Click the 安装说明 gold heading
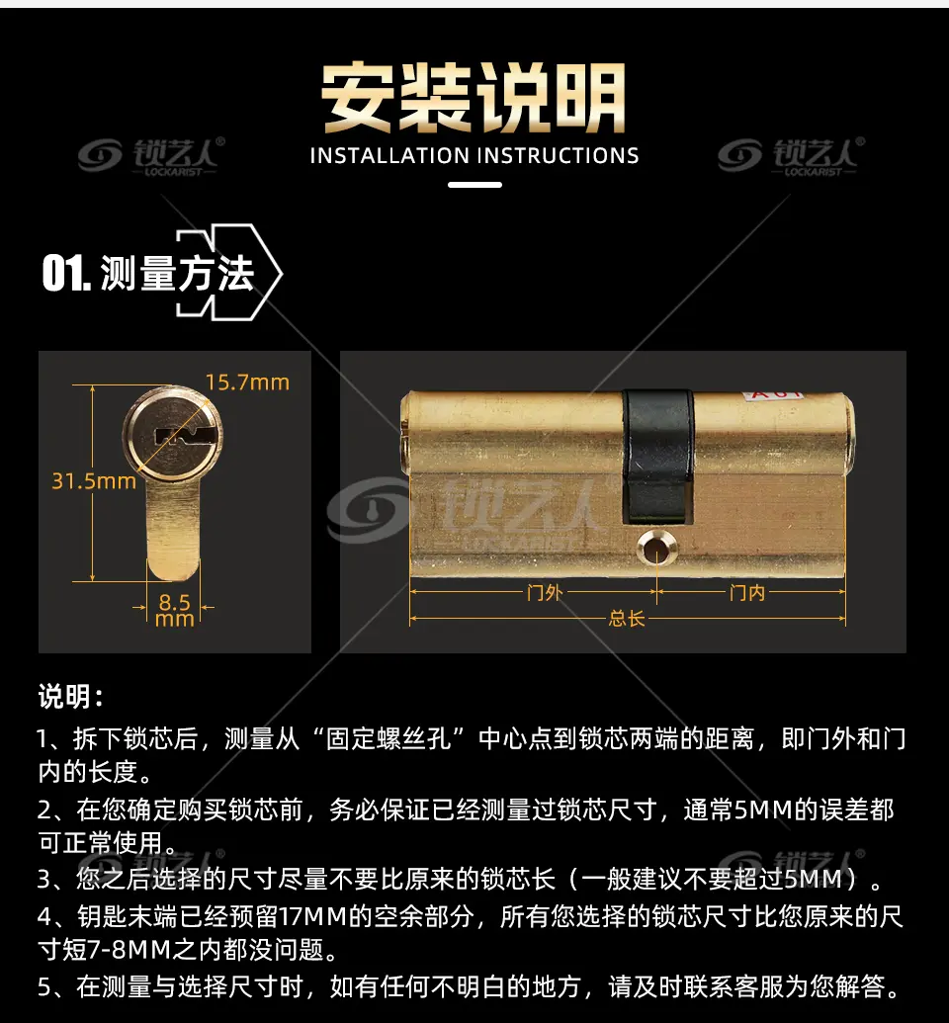click(x=474, y=97)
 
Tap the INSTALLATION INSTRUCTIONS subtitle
click(x=474, y=156)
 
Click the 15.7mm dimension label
click(x=247, y=383)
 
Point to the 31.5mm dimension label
click(x=94, y=481)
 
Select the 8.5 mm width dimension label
click(x=175, y=610)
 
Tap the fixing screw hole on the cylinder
click(x=655, y=548)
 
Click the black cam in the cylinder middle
click(x=657, y=456)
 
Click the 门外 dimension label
click(x=545, y=592)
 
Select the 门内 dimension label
click(x=747, y=592)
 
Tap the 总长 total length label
click(x=627, y=618)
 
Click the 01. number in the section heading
click(x=66, y=273)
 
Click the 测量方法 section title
click(x=177, y=274)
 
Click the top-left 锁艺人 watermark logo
click(x=151, y=156)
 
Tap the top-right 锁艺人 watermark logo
click(x=792, y=156)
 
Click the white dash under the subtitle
click(x=474, y=185)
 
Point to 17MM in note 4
click(x=311, y=916)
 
